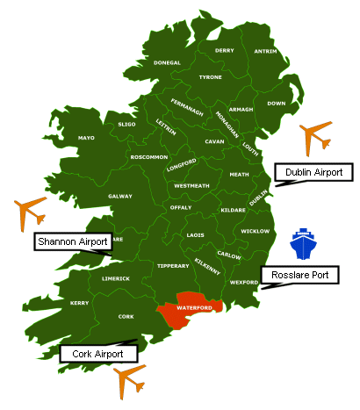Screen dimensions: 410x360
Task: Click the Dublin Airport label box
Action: [x=314, y=172]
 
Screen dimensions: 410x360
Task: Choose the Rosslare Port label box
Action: [x=299, y=275]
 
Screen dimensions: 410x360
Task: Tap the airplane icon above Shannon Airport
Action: [x=31, y=212]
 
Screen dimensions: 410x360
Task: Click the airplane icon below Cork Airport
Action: [x=130, y=380]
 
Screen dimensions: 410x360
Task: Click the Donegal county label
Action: [x=167, y=63]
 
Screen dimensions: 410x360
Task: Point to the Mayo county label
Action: [x=86, y=138]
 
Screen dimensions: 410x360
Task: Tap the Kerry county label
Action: [x=79, y=303]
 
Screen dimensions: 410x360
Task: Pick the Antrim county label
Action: [x=264, y=51]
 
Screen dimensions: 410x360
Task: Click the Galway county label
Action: [x=120, y=196]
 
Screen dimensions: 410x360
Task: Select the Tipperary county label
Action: [x=174, y=265]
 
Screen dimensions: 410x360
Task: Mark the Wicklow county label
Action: [x=255, y=231]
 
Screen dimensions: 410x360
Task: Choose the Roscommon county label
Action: [x=148, y=157]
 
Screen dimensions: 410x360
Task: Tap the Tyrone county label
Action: [x=210, y=77]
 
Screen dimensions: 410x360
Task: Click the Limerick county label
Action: [x=116, y=278]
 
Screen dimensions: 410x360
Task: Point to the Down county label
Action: [x=277, y=104]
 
